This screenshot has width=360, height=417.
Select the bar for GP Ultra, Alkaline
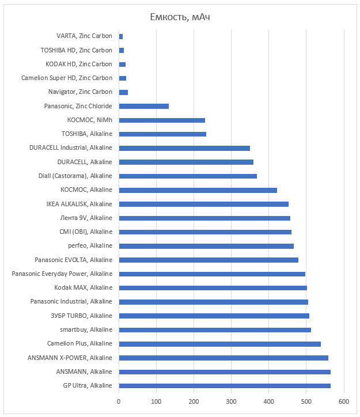click(224, 386)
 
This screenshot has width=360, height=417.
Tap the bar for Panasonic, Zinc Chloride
click(143, 106)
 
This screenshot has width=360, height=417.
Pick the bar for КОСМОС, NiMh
click(161, 120)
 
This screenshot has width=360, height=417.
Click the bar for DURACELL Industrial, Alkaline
click(184, 148)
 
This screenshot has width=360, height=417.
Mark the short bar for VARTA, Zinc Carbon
click(120, 36)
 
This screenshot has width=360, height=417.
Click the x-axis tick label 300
click(232, 401)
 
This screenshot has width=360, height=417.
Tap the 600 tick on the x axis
click(344, 401)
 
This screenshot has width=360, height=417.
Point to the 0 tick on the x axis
click(119, 401)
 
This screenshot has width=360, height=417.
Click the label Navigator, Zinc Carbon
click(80, 92)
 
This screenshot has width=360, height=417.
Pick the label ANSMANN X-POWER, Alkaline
click(70, 358)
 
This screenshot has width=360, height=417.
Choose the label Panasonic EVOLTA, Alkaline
click(73, 260)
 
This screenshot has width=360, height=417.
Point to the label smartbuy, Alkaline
click(86, 330)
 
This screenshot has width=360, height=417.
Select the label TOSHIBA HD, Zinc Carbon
click(76, 51)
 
